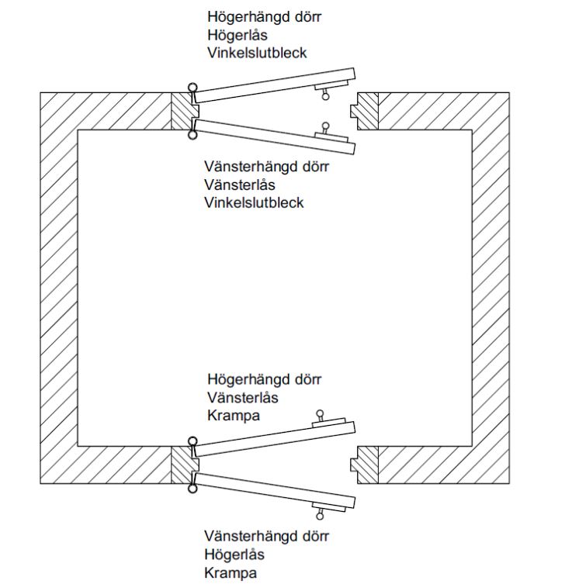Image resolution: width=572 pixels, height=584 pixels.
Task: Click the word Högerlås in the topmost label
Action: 237,34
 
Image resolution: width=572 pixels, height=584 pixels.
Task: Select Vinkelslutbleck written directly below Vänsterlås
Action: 254,203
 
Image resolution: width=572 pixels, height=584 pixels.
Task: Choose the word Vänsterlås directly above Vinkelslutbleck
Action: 240,185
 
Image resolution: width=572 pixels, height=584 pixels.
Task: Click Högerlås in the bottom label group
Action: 234,555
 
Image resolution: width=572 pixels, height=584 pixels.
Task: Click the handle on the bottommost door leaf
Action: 318,513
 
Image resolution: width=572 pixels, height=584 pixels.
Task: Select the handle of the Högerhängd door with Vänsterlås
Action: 318,416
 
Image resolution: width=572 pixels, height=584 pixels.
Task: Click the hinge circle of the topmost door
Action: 191,90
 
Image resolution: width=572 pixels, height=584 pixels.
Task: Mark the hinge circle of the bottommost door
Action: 191,489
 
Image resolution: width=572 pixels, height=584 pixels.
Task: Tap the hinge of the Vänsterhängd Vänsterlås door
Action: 191,136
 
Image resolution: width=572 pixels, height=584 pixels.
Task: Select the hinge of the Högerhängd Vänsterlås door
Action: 191,441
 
